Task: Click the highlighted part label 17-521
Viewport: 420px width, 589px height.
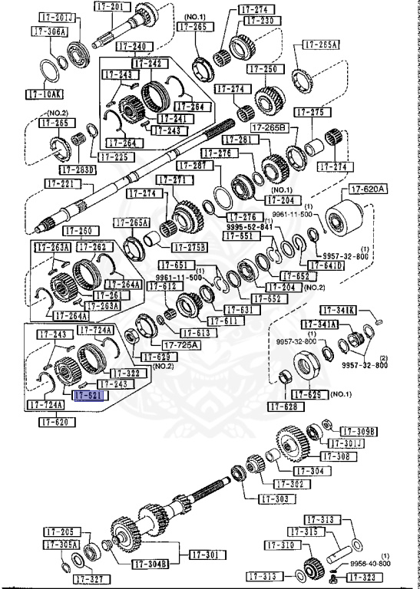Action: click(x=90, y=395)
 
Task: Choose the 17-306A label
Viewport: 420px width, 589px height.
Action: click(x=50, y=31)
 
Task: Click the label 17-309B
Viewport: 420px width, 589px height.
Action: click(x=359, y=432)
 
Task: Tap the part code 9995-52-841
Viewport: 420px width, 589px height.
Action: click(x=250, y=227)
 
